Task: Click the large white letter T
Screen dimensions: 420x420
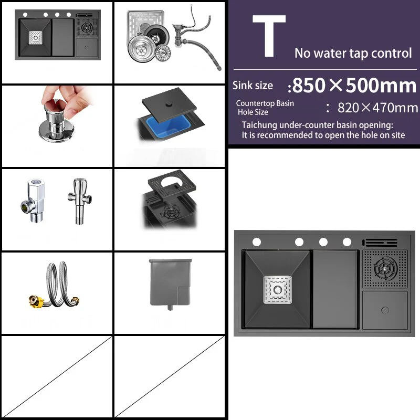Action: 269,36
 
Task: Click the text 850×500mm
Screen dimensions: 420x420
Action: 354,86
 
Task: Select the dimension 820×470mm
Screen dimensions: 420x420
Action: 377,108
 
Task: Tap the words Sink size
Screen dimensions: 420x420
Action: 253,86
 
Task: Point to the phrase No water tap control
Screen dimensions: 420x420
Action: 353,53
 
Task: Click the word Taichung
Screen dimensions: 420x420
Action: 259,125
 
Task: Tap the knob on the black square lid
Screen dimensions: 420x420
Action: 169,104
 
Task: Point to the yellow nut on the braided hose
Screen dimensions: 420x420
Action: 34,301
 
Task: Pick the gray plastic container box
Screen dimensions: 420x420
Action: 171,284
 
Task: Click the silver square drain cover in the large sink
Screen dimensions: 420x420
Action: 278,290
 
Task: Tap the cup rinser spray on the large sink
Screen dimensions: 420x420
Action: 385,268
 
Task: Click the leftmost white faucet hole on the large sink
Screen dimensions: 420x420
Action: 257,242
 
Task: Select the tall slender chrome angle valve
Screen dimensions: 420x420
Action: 80,201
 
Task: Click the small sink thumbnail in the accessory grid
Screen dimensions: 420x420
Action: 58,35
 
